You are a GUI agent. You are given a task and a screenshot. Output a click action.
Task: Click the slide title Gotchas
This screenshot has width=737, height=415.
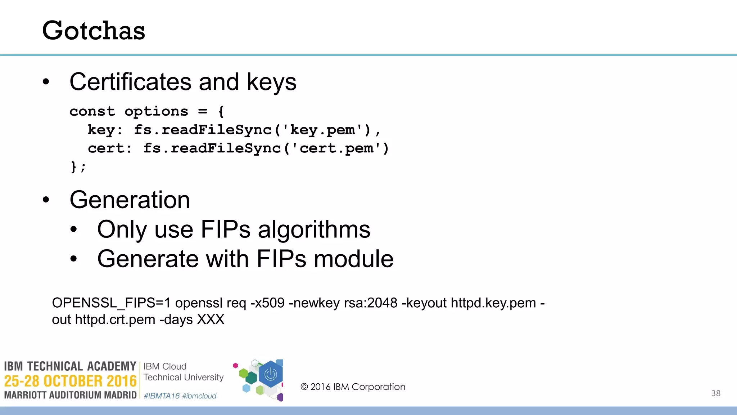[x=94, y=30]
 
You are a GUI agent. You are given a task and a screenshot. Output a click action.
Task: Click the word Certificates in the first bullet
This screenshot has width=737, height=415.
[x=130, y=82]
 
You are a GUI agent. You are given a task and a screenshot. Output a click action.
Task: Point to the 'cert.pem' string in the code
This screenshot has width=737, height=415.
[x=336, y=148]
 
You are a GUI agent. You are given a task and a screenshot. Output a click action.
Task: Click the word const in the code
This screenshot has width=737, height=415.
[x=92, y=111]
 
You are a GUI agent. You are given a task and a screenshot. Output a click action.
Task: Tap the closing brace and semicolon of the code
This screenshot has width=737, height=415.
[x=78, y=167]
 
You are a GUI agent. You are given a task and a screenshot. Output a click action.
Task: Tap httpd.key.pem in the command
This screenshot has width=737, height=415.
[x=493, y=303]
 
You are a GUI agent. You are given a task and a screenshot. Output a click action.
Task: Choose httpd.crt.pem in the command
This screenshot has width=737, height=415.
[x=115, y=320]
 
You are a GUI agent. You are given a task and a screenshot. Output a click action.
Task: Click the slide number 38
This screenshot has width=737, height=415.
[x=716, y=393]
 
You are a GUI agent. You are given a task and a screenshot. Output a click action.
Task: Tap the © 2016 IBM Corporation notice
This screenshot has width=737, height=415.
[x=353, y=387]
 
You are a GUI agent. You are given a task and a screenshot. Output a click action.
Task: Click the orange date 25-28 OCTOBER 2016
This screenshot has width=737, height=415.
[x=70, y=381]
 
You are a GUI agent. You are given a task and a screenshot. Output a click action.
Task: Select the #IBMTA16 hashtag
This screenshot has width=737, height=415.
[x=162, y=396]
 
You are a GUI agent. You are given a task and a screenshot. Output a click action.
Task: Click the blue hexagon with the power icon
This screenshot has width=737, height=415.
[x=271, y=374]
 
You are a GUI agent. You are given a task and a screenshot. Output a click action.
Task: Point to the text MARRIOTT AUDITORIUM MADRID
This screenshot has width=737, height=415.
[x=70, y=395]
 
